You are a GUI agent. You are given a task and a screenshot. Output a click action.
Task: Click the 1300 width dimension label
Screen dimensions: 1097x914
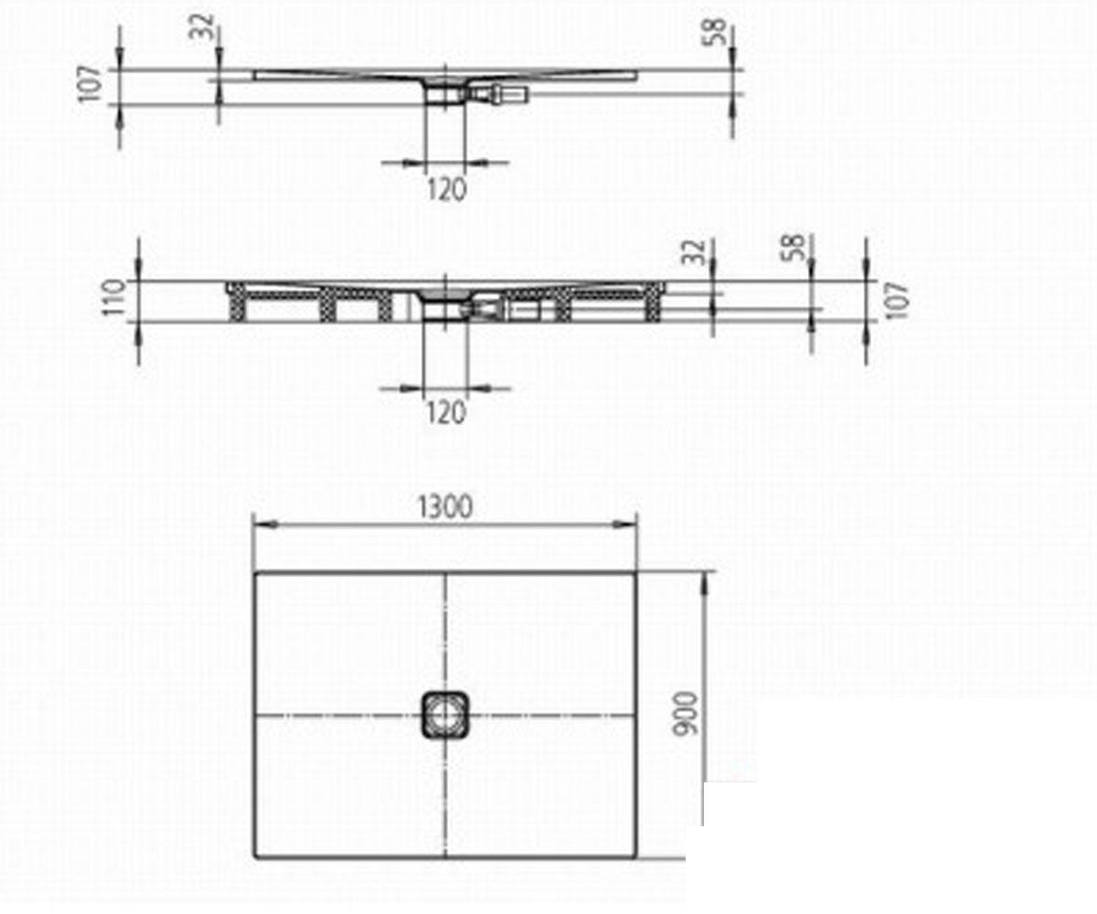(x=445, y=507)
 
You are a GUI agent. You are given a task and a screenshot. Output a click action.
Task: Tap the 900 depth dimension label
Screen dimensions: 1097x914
(x=686, y=714)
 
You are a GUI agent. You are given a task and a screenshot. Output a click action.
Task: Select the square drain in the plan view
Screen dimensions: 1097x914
(x=445, y=715)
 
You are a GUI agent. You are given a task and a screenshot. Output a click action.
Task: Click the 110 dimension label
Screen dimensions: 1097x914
(x=114, y=297)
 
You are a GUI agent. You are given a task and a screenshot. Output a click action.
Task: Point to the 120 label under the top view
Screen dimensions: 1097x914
(x=446, y=189)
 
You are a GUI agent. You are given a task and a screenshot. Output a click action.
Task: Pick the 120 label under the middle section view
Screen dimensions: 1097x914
(x=445, y=412)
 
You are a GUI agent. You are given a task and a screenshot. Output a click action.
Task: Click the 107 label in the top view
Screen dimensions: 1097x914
(x=90, y=84)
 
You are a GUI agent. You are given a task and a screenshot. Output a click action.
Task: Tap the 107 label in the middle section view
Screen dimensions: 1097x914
(x=896, y=301)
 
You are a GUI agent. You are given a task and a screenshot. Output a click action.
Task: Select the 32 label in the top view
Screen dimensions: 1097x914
(x=202, y=27)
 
